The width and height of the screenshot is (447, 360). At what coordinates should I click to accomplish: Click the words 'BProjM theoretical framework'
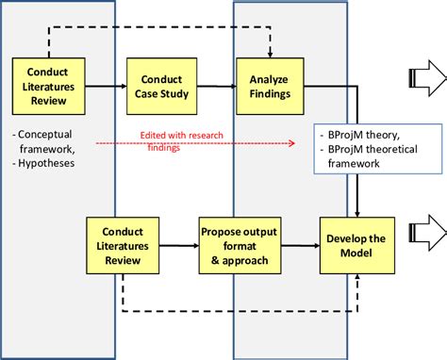point(368,156)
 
